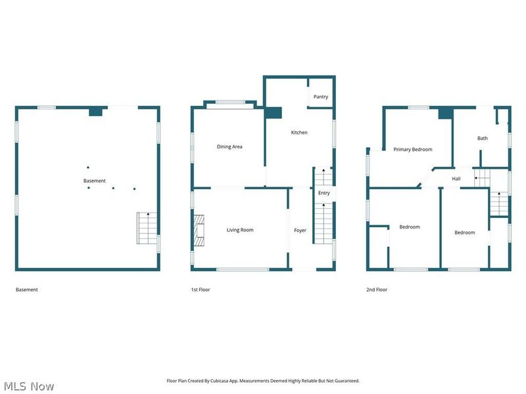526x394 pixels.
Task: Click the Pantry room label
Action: click(x=321, y=97)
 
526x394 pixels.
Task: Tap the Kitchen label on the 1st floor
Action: click(x=299, y=133)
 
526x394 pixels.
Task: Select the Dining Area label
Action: click(x=229, y=146)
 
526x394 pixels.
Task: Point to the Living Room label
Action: click(x=240, y=230)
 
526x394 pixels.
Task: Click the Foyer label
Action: click(x=300, y=230)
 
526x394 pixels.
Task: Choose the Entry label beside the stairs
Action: click(x=323, y=193)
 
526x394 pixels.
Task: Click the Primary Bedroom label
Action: click(x=413, y=150)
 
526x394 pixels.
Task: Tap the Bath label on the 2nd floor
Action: click(x=483, y=139)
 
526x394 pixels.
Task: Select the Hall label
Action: click(x=456, y=179)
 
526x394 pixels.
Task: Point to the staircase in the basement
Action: click(x=147, y=228)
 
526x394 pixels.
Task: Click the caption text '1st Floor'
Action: click(x=201, y=290)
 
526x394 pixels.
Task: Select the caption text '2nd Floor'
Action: click(x=377, y=290)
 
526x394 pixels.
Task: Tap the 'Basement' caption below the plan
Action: click(x=27, y=290)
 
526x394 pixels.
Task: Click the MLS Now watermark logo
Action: click(x=29, y=386)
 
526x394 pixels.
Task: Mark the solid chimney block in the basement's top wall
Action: click(x=96, y=112)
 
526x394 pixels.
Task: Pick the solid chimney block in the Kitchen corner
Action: click(x=273, y=113)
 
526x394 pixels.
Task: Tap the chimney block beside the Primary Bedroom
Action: click(x=446, y=113)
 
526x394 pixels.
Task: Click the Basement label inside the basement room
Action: click(x=94, y=181)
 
